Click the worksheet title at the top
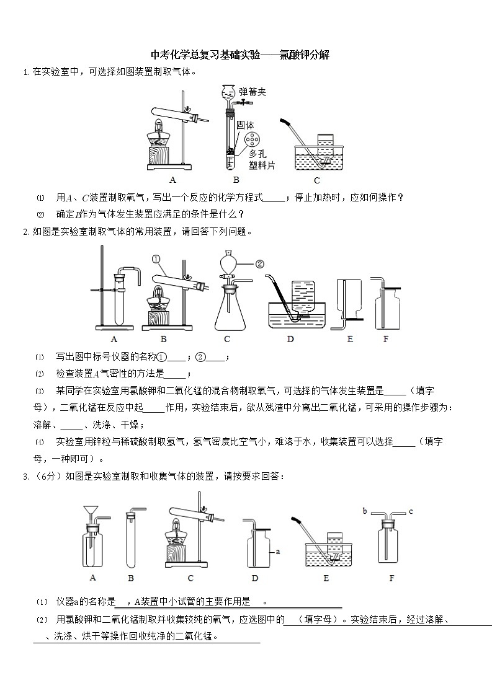(239, 55)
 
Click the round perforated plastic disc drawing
(251, 140)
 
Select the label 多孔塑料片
(261, 159)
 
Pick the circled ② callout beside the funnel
(260, 263)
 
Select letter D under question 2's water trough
(290, 339)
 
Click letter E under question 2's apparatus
(350, 339)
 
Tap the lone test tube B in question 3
(131, 539)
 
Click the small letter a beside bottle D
(277, 550)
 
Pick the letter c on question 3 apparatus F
(410, 511)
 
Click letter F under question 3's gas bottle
(391, 578)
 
